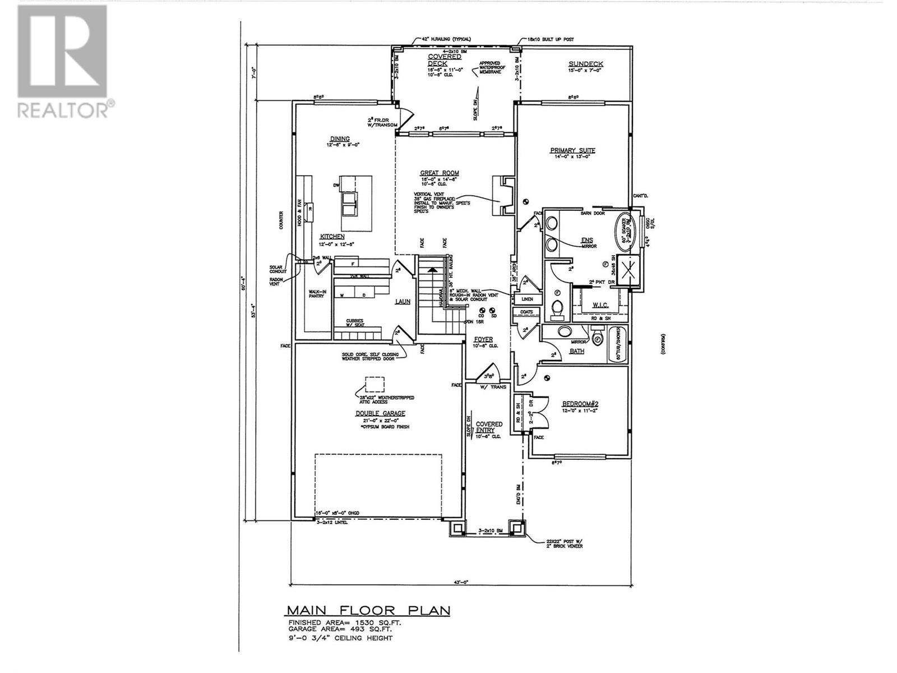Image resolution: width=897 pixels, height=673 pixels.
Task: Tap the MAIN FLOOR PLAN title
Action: (368, 610)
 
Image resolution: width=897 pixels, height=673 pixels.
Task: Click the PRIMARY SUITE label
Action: (572, 150)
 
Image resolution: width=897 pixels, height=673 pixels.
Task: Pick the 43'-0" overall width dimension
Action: (462, 583)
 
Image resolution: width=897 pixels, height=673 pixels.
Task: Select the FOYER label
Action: (483, 339)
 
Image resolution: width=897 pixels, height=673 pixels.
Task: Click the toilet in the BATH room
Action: (598, 339)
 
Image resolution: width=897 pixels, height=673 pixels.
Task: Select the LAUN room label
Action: (402, 302)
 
